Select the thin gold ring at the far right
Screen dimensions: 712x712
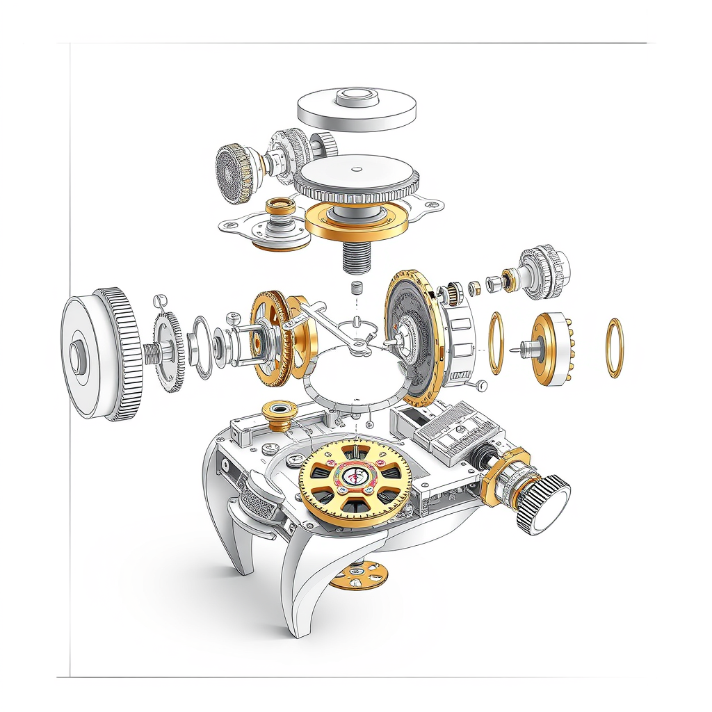pos(615,347)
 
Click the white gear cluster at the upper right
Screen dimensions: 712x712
pos(546,271)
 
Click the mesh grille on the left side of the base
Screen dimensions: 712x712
pos(257,501)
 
